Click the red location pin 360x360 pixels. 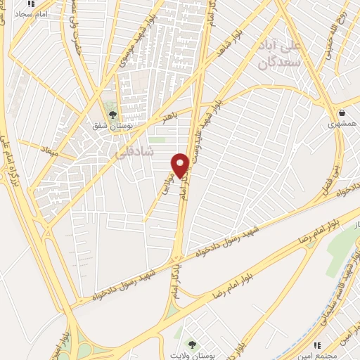point(180,165)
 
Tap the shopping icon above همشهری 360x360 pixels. point(342,112)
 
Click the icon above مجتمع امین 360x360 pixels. point(318,345)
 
